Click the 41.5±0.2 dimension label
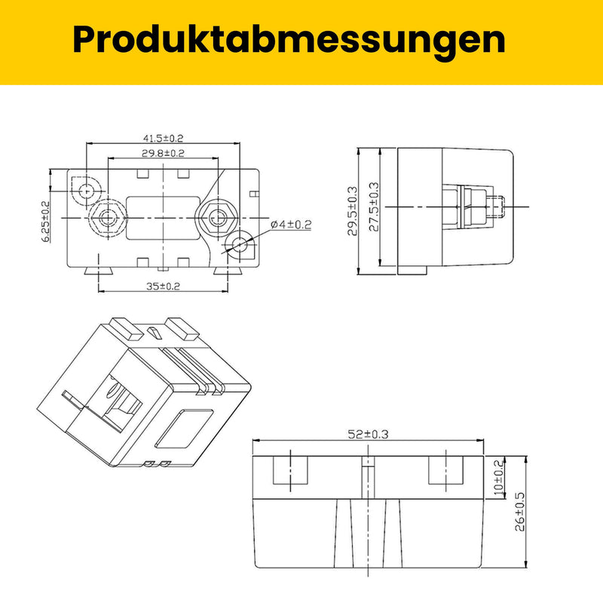click(x=163, y=138)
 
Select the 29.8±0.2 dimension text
click(x=163, y=153)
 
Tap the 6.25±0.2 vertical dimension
click(x=45, y=222)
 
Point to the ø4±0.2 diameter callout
click(x=291, y=225)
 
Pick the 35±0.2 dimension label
click(x=163, y=286)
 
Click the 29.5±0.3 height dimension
click(x=352, y=211)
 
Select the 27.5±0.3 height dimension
click(x=374, y=207)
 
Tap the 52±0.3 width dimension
click(x=368, y=434)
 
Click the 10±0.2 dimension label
click(x=498, y=477)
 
